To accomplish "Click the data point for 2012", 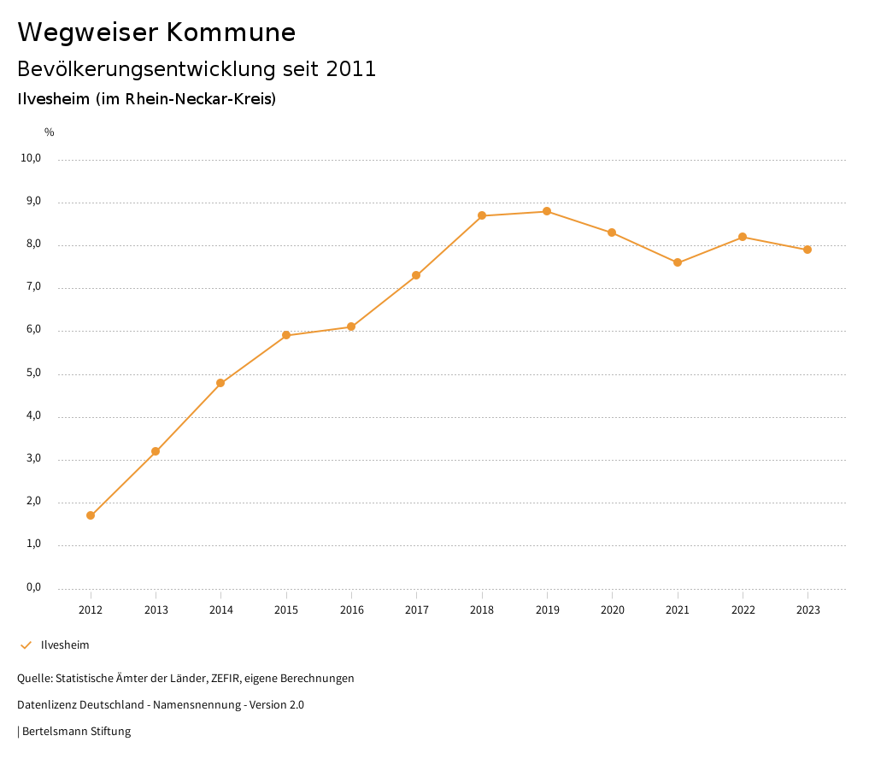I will [91, 515].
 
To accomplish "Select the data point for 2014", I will [220, 383].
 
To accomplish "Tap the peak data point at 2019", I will [547, 211].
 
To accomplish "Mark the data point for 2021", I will [678, 262].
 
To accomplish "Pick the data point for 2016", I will [351, 327].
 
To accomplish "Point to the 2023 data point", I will [807, 250].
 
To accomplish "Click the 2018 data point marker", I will [482, 215].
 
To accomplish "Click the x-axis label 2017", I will [417, 610].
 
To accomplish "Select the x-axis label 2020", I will [613, 610].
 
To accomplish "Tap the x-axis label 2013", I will [156, 610].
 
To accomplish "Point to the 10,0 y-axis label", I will [31, 158].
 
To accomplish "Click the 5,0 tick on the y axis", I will [33, 374].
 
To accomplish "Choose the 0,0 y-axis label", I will [33, 587].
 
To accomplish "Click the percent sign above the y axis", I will [50, 132].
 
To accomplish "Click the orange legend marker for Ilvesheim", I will [26, 645].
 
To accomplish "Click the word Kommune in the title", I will [231, 32].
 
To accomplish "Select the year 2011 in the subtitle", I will [351, 69].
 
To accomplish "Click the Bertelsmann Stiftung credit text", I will [76, 732].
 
